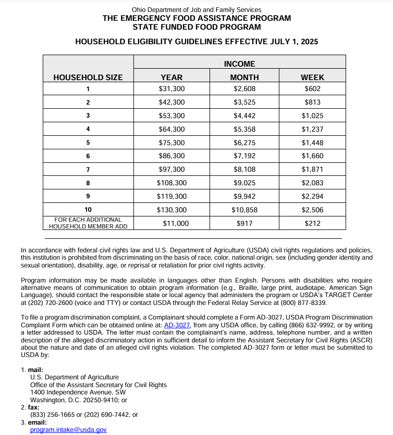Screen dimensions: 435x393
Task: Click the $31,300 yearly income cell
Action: pos(171,89)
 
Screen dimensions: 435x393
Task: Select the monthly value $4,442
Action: pos(244,116)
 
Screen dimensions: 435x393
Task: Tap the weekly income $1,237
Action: pos(312,129)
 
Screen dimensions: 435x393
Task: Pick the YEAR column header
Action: pos(171,78)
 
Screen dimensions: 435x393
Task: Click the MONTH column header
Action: pos(244,78)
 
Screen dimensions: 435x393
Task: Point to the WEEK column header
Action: pos(312,78)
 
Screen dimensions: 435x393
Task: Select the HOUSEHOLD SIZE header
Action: pos(88,78)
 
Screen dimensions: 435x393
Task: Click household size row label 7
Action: pos(88,170)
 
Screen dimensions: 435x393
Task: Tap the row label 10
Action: pos(88,210)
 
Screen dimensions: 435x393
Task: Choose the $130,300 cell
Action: pos(171,210)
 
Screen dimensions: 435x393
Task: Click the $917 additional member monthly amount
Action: pos(244,224)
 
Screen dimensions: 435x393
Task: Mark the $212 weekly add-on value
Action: pos(312,224)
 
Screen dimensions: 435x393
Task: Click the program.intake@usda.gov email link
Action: pos(68,430)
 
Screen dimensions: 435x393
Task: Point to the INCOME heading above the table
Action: pos(239,64)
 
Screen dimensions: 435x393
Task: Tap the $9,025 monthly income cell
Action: pos(244,183)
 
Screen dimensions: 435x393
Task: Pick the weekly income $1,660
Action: pos(312,156)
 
